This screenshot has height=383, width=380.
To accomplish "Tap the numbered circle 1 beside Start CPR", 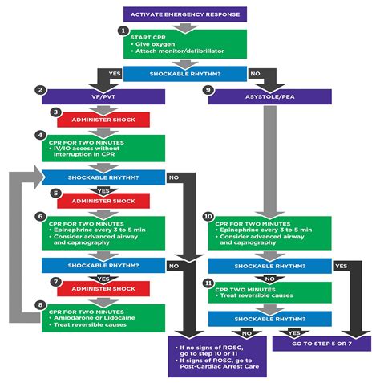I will (x=123, y=31).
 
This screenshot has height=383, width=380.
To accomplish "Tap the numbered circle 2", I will (x=40, y=89).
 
